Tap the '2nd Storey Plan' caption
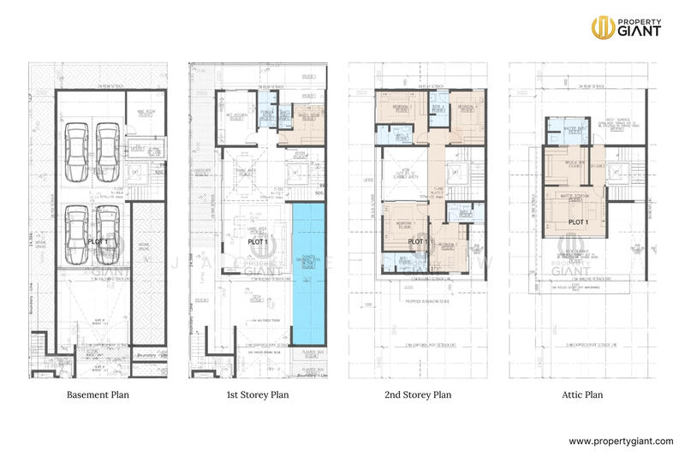point(417,396)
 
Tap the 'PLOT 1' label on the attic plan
point(580,222)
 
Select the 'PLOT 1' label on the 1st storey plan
point(259,242)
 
